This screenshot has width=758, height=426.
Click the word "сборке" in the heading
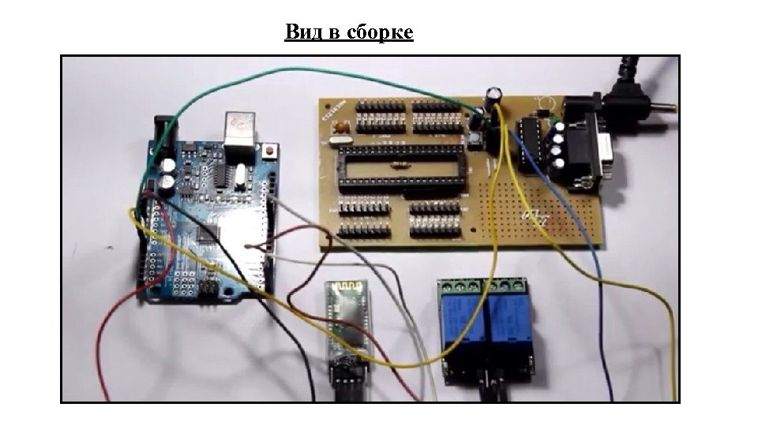coord(380,32)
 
